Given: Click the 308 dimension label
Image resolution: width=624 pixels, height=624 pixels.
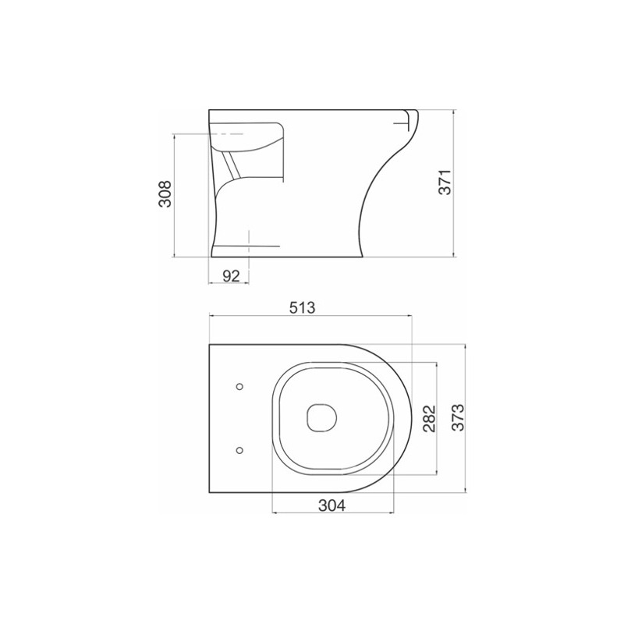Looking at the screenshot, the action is pos(165,193).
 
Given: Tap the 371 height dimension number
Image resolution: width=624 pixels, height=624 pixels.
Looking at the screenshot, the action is pos(445,182).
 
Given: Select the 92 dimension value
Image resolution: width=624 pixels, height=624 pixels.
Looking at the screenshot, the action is pos(231,275).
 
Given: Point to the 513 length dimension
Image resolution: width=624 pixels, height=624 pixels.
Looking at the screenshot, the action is pos(302,307).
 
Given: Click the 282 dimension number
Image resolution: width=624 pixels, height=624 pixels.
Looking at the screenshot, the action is pos(430,419).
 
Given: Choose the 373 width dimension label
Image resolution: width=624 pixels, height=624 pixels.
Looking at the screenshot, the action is pos(458,417).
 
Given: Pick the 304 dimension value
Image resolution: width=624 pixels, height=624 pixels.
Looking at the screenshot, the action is pos(332,505).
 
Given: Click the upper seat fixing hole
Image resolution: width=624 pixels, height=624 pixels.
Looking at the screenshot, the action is pos(239,386).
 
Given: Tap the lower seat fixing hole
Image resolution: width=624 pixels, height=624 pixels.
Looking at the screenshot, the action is pos(239,450).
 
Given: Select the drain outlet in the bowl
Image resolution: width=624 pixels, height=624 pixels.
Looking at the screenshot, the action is pos(322,418).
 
